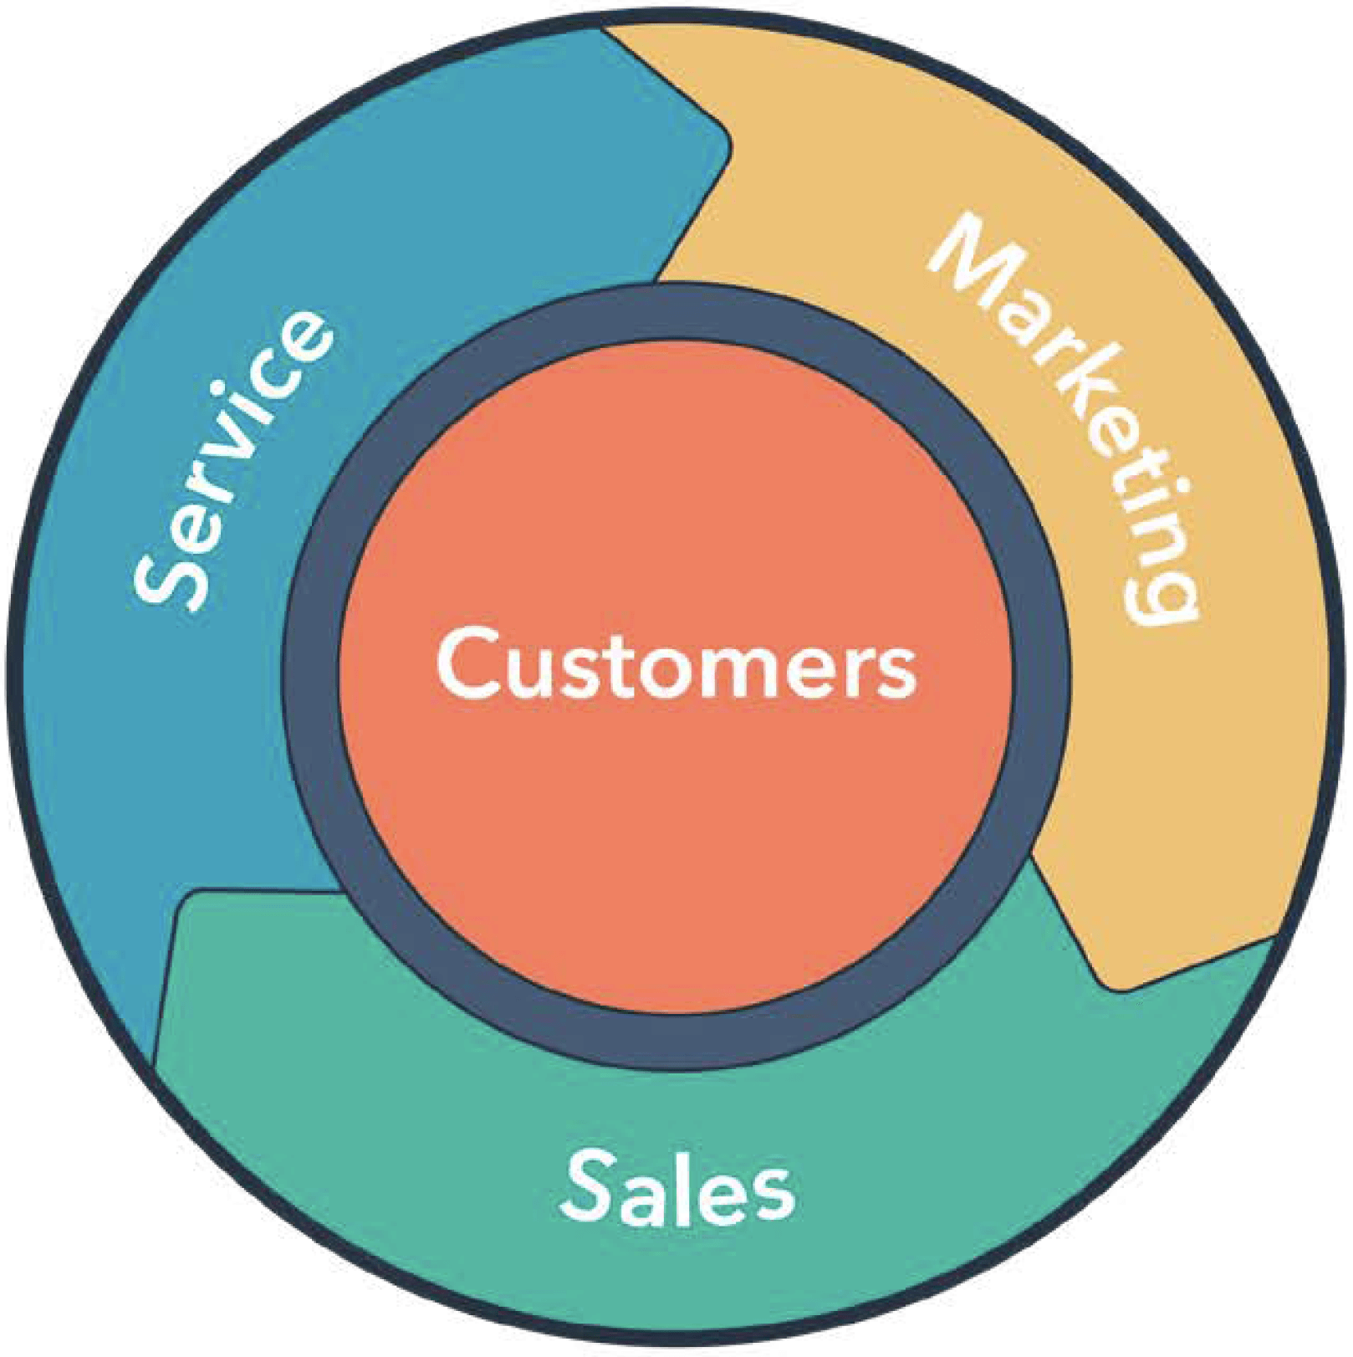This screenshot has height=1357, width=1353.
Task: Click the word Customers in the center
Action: [676, 663]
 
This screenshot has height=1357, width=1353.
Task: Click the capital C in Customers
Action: [469, 663]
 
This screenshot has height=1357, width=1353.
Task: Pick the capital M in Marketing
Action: [974, 251]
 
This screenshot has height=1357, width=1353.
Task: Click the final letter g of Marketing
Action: [1162, 590]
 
